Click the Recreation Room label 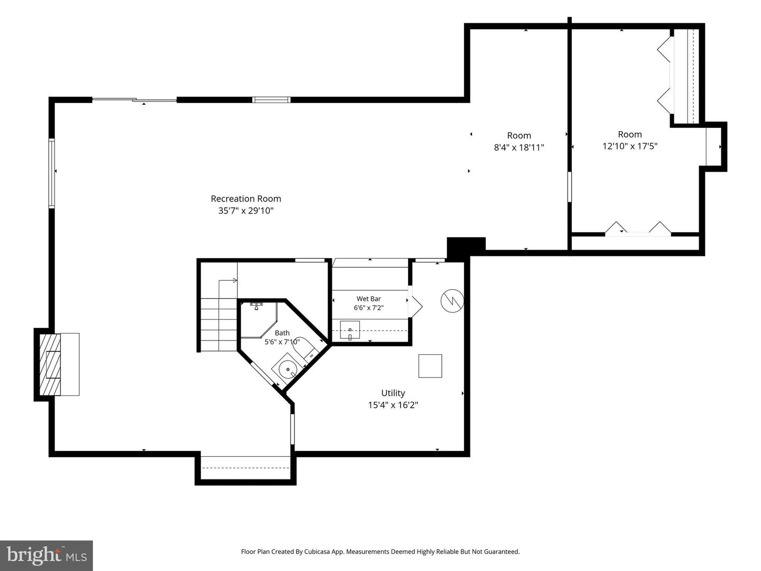[x=246, y=199]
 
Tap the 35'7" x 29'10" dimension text [x=246, y=211]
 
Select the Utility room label [x=393, y=393]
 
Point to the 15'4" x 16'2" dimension [x=393, y=405]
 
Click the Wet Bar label [x=368, y=299]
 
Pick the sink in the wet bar [x=349, y=330]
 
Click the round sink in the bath [x=287, y=369]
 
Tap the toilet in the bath [x=305, y=348]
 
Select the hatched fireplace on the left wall [x=50, y=364]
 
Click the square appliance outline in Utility [x=430, y=366]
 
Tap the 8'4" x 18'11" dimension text [x=518, y=148]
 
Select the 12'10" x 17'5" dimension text [x=629, y=146]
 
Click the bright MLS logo [x=47, y=555]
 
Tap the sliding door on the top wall [x=135, y=100]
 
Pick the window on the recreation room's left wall [x=52, y=173]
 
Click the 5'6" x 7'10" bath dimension [x=282, y=342]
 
